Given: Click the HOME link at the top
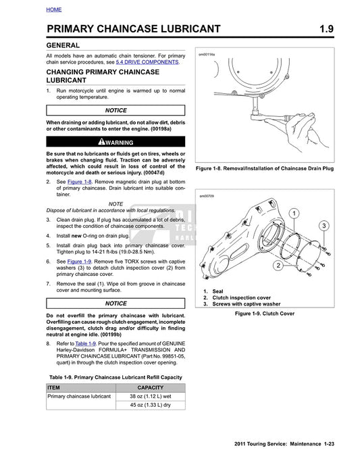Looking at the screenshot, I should click(54, 9).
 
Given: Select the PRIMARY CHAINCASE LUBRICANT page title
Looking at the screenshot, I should click(133, 28).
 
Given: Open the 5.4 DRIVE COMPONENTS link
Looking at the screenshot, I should click(147, 62).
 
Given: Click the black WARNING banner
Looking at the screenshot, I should click(115, 143).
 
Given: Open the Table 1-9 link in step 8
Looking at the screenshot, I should click(86, 343).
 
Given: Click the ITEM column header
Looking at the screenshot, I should click(54, 387).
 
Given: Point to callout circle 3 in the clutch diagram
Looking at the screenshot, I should click(324, 225).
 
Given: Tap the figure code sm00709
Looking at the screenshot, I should click(206, 197).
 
